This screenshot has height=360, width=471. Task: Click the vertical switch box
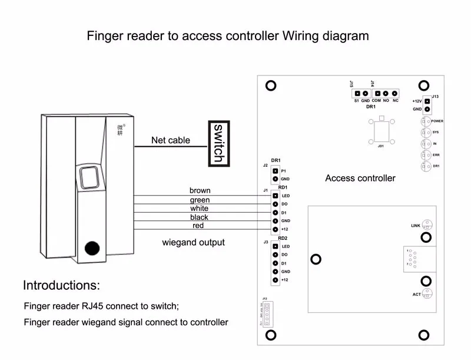(217, 143)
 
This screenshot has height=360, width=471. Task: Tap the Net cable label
(171, 140)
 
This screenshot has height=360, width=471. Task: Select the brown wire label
(200, 190)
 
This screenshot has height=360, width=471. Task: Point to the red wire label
(198, 226)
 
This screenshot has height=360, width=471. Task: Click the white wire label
(200, 209)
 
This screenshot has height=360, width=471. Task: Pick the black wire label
(200, 217)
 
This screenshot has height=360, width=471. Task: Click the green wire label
(200, 200)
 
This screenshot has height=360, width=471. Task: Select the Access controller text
(360, 178)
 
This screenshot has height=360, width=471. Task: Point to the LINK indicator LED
(429, 225)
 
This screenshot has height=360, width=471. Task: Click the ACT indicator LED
(429, 293)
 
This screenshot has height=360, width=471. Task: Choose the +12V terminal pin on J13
(427, 101)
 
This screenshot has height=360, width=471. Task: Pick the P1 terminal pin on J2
(274, 170)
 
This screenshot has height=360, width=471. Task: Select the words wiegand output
(193, 242)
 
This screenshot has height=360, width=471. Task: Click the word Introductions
(61, 286)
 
